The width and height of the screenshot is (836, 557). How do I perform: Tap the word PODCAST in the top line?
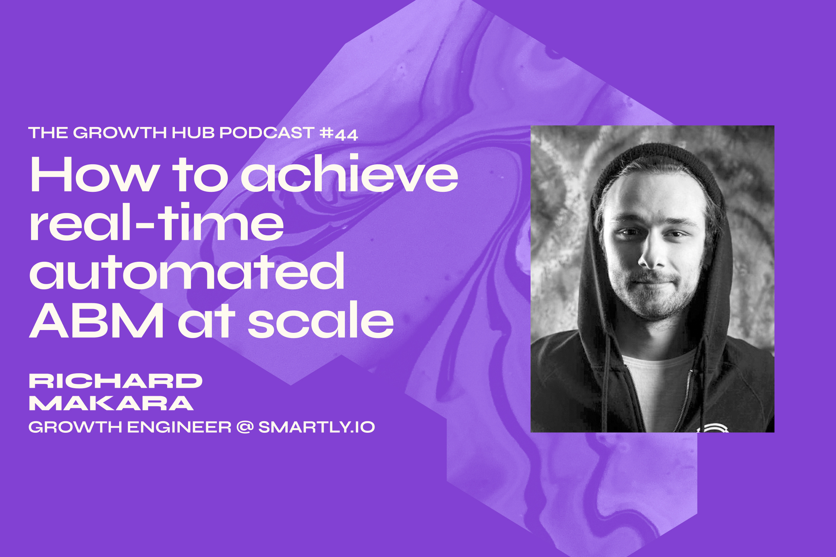tap(267, 133)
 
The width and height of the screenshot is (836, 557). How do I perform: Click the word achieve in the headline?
tap(350, 174)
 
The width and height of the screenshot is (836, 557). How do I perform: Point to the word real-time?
tap(156, 223)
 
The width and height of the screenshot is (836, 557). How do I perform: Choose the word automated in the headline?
tap(187, 272)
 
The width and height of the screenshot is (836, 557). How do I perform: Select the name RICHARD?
tap(116, 381)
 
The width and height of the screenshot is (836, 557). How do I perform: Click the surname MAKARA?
tap(111, 403)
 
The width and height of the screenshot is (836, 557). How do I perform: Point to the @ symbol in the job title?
tap(245, 427)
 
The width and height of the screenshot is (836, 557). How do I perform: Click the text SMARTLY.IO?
tap(316, 427)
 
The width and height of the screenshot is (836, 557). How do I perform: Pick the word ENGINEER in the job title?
tap(179, 427)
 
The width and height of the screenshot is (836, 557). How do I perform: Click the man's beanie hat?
tap(658, 160)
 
